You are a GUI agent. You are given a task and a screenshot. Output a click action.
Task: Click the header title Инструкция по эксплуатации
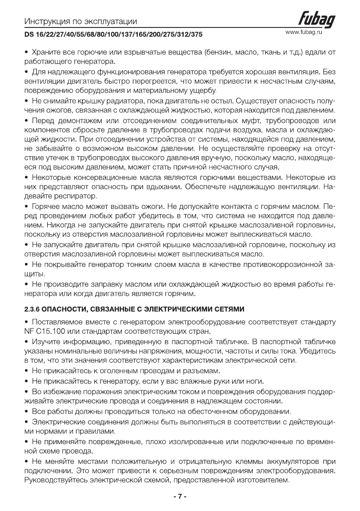point(81,21)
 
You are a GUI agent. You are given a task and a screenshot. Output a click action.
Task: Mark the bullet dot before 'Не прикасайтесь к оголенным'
point(26,370)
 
